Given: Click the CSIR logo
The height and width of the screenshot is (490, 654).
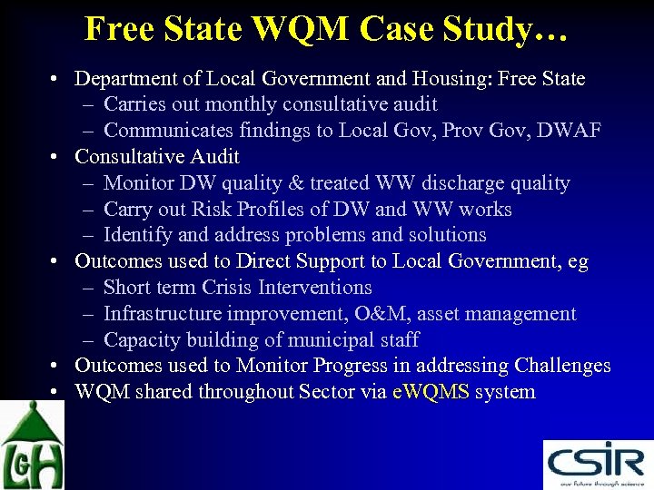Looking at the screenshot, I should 598,464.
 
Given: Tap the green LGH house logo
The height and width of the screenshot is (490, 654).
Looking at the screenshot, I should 32,446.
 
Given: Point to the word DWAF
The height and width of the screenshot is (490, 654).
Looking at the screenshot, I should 569,131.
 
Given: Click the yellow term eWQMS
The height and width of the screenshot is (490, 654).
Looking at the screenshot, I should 431,393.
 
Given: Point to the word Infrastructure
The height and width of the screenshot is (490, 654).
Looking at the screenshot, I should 163,314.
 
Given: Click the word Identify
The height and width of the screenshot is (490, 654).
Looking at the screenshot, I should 138,235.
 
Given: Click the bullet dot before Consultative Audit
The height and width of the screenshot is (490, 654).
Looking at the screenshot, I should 56,158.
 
